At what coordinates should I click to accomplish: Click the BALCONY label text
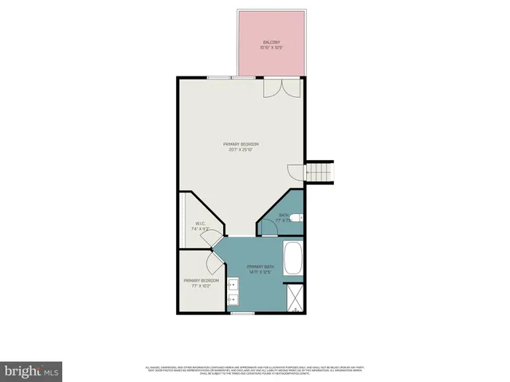(x=272, y=42)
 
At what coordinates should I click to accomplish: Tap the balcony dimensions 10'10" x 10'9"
(x=272, y=48)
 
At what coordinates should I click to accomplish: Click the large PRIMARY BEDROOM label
(x=241, y=144)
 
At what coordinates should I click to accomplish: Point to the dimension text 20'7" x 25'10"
(x=241, y=150)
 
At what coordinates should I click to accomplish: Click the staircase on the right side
(x=320, y=171)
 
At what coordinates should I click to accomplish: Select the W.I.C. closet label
(x=201, y=224)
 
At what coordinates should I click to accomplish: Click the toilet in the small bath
(x=296, y=217)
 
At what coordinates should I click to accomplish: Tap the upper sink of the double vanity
(x=234, y=284)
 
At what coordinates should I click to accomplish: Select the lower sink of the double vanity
(x=234, y=299)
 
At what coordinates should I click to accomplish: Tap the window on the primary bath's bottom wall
(x=242, y=314)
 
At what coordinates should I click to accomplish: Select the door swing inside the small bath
(x=265, y=228)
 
